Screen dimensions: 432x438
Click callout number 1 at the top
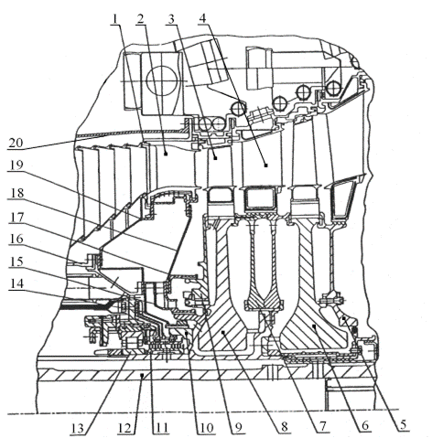(x=115, y=19)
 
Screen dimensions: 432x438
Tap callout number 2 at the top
(x=141, y=19)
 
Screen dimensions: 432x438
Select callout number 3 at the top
(x=171, y=19)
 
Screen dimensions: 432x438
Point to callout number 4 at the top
(x=203, y=18)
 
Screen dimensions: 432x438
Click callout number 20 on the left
(x=16, y=143)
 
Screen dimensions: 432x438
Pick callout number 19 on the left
(x=16, y=165)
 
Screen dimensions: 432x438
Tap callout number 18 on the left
(x=16, y=193)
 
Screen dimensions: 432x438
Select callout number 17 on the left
(x=16, y=218)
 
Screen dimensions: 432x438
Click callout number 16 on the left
(x=16, y=239)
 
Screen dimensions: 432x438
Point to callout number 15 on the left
(x=16, y=262)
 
